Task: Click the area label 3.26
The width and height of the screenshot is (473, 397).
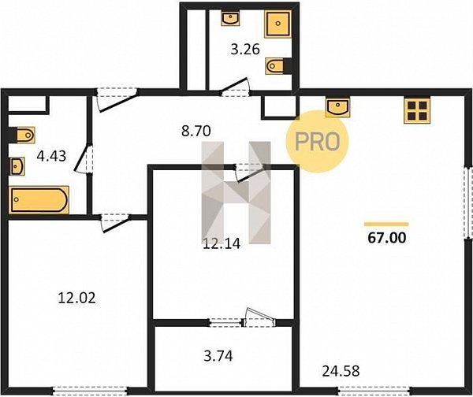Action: (245, 50)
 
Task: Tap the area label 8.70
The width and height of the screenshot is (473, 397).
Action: (196, 131)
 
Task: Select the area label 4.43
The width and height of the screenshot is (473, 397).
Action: (51, 156)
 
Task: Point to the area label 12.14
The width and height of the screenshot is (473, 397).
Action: (222, 243)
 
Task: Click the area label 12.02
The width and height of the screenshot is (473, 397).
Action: (76, 298)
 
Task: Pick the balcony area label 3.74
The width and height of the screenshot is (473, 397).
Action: (218, 356)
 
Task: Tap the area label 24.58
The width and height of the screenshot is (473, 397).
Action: (341, 371)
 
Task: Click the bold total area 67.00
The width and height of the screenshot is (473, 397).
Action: (387, 238)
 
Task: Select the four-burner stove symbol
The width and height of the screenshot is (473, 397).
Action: (417, 110)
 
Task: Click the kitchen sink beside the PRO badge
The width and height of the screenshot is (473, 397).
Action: (338, 107)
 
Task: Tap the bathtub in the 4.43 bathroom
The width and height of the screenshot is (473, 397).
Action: (39, 200)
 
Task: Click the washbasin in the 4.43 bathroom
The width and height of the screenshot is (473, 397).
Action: (17, 166)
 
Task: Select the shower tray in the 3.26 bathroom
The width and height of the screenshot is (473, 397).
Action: (277, 24)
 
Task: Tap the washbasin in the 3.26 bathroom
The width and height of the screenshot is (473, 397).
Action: (230, 18)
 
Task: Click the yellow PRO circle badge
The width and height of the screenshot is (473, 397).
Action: (317, 142)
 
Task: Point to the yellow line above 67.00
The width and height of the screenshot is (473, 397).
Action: (386, 224)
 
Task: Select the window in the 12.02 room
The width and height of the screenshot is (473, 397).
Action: (91, 391)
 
